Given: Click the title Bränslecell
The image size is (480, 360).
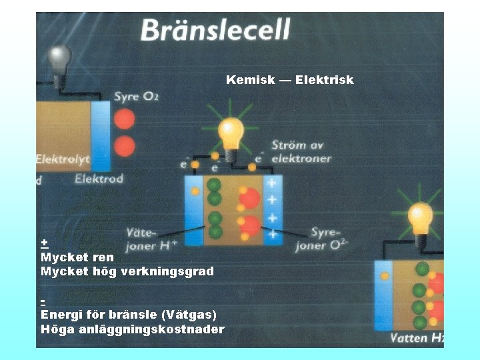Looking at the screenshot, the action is [x=215, y=31].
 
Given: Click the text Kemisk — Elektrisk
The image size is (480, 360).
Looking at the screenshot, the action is [x=289, y=80].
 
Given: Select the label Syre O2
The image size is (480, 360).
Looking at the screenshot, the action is [x=136, y=97].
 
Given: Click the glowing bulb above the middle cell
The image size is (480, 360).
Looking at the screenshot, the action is [x=231, y=133].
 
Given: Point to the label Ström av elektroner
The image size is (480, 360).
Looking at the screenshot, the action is [x=301, y=152].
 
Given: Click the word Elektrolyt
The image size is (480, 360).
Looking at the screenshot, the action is [x=63, y=160].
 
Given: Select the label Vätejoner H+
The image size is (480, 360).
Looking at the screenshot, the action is [x=152, y=239].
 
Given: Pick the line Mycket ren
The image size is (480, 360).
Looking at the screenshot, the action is [x=77, y=257].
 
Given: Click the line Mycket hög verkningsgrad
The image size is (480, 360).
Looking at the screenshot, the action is [x=127, y=271].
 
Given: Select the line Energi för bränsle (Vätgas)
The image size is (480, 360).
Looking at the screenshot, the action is [x=129, y=315].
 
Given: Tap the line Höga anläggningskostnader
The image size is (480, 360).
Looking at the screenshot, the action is [x=133, y=329].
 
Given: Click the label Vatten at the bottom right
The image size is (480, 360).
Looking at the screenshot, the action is [x=409, y=338].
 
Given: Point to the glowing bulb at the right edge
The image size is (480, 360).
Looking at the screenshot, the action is [x=421, y=219].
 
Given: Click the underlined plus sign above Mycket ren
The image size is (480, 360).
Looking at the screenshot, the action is [x=44, y=242].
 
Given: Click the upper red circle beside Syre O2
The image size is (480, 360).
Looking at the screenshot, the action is [x=124, y=119].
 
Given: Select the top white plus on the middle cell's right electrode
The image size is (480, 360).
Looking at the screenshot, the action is [x=272, y=183].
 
